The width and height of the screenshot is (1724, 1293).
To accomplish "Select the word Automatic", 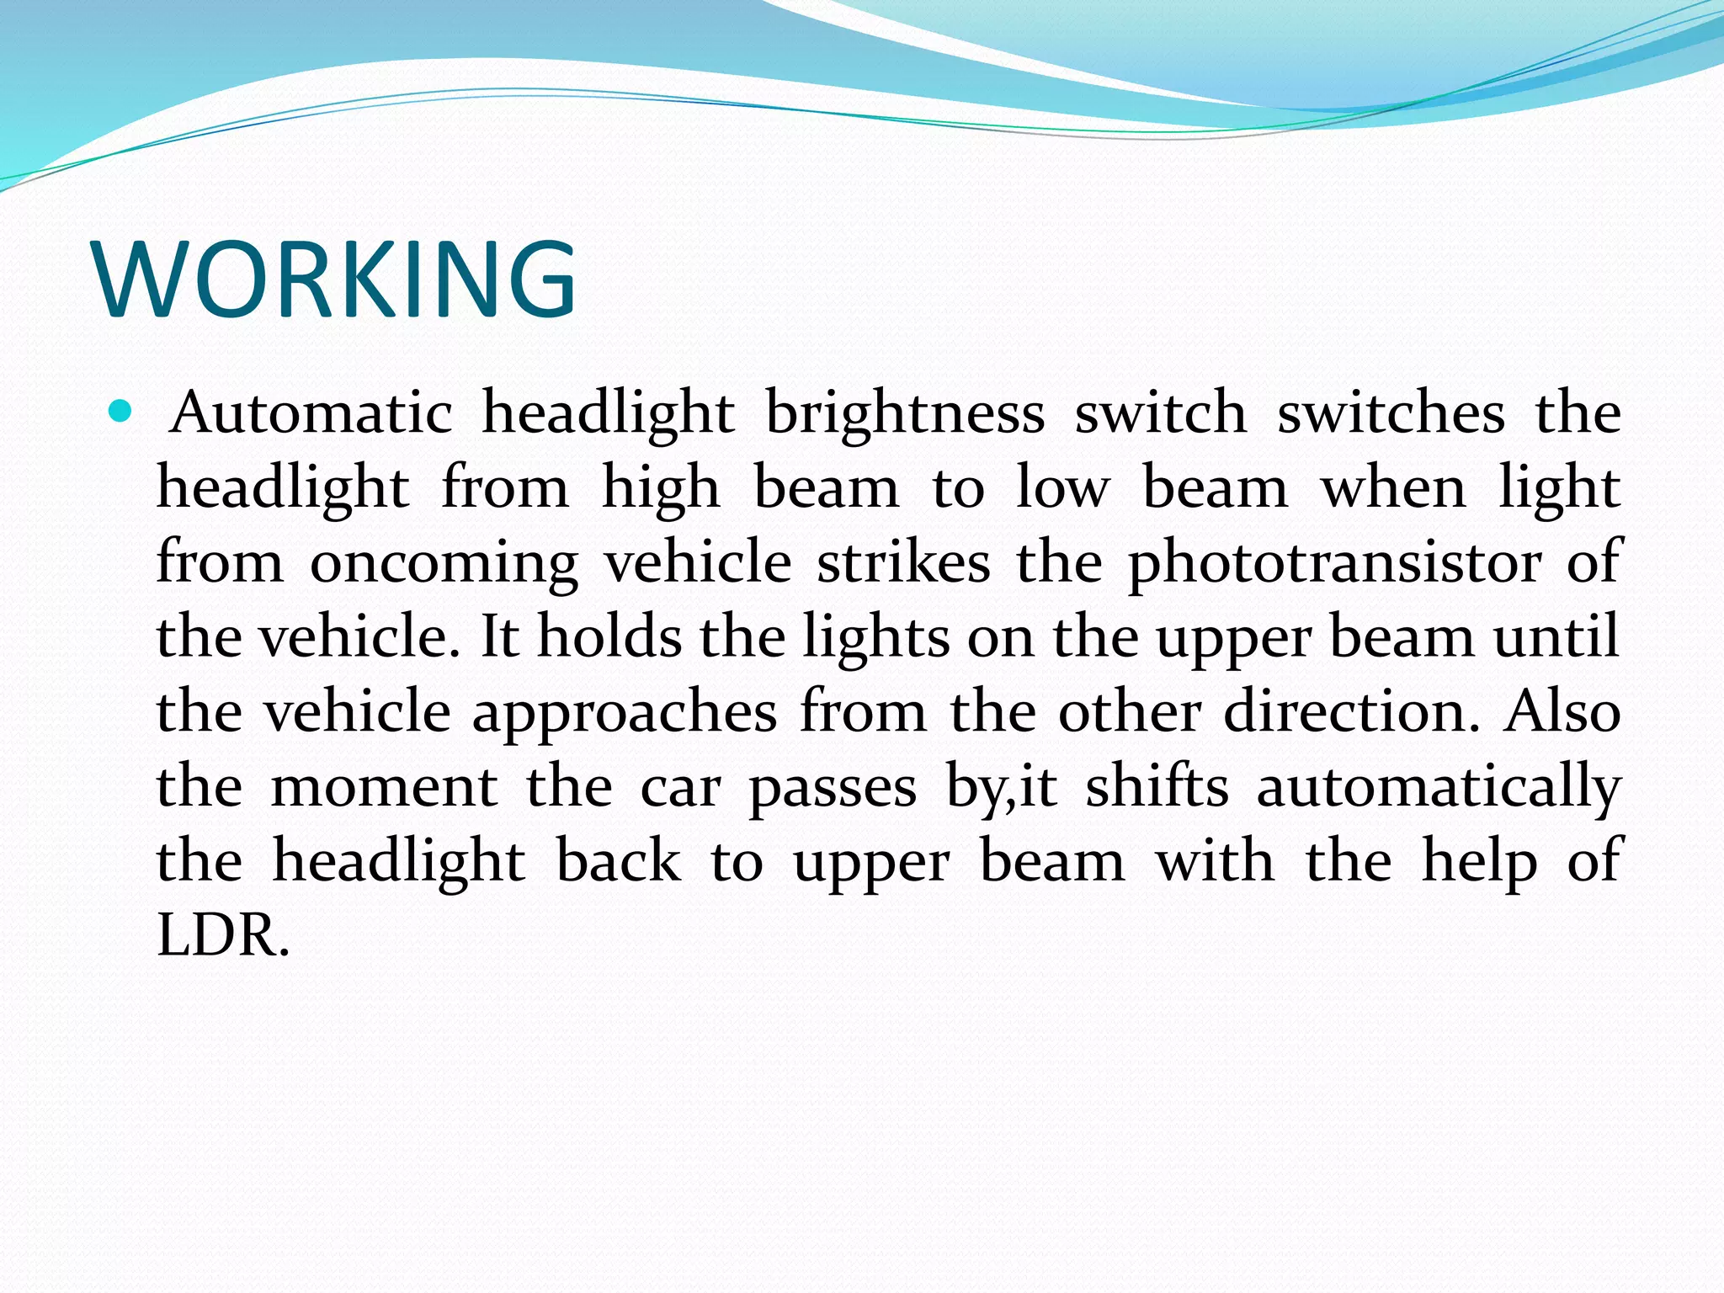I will [x=311, y=412].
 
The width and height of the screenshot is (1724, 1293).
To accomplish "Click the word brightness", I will [x=905, y=412].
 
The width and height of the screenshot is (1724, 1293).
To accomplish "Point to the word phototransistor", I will [x=1335, y=562].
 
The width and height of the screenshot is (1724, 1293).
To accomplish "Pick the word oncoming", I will [x=444, y=562].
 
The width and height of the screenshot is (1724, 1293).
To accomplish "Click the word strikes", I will [x=903, y=561].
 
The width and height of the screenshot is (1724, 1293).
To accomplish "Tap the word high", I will [x=662, y=488].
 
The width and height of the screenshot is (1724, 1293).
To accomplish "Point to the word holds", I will [x=609, y=636].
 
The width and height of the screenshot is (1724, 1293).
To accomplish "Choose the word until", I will [x=1556, y=636].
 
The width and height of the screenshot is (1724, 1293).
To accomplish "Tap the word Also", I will [x=1562, y=710].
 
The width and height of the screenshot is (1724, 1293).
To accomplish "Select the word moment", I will [x=384, y=785].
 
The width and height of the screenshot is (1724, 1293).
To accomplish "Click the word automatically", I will [x=1439, y=787].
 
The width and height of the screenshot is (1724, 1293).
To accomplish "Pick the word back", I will [x=619, y=860].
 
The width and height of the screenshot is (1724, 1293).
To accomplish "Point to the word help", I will [x=1480, y=860].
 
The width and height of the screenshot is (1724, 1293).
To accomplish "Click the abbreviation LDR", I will [x=223, y=934].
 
